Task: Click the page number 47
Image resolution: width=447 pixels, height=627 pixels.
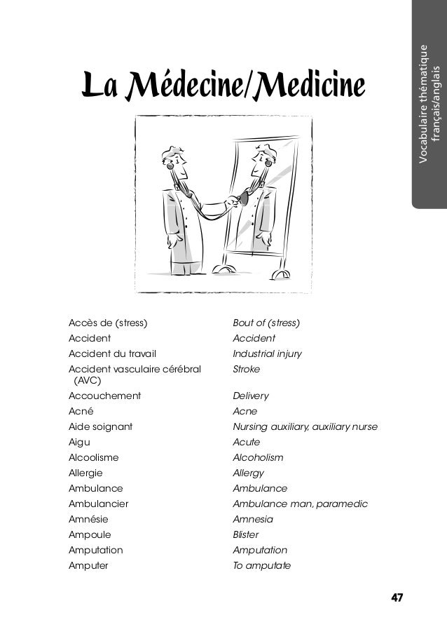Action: click(397, 598)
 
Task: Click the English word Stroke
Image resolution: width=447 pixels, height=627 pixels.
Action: click(246, 368)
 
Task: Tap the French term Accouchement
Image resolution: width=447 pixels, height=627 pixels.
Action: click(104, 396)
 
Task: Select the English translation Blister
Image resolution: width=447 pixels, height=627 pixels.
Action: click(245, 534)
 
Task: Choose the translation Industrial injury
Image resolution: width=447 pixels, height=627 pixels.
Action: click(267, 353)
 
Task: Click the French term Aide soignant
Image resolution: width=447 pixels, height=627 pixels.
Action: click(101, 426)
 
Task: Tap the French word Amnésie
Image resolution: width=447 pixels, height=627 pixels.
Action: click(88, 519)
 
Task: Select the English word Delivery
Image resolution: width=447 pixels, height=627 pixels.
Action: click(250, 396)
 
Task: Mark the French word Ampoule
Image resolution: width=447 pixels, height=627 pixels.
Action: click(88, 534)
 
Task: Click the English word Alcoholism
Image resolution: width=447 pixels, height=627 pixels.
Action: click(258, 457)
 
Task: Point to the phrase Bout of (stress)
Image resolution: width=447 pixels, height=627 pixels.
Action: click(266, 323)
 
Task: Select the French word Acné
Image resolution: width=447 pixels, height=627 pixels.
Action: click(81, 411)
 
